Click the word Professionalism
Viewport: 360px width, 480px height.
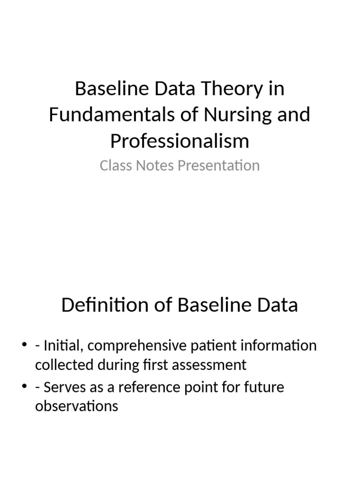[180, 141]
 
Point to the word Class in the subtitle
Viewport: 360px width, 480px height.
[116, 165]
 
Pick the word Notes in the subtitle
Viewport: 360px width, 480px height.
[155, 165]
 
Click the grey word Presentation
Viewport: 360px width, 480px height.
[219, 165]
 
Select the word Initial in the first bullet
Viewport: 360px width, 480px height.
[64, 345]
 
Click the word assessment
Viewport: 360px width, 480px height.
[209, 365]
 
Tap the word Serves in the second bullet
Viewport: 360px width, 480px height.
[65, 387]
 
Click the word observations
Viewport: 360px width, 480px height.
[76, 406]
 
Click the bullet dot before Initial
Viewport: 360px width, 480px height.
[24, 345]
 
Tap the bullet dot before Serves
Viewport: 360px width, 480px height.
[24, 386]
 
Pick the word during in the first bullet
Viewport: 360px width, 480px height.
[118, 365]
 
